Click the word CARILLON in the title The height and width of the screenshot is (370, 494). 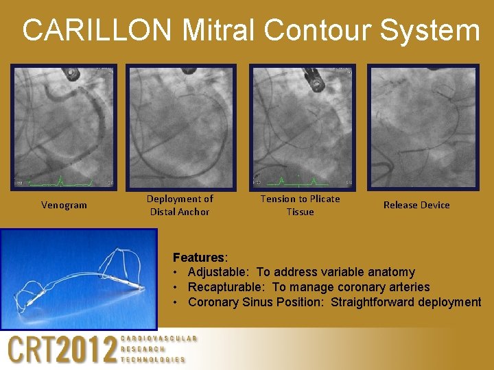[96, 30]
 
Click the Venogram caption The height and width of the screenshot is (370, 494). [64, 205]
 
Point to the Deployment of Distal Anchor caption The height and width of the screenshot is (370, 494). [180, 205]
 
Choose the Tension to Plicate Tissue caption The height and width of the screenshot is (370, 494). [300, 205]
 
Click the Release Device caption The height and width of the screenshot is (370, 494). [416, 205]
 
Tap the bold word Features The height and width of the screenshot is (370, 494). [198, 258]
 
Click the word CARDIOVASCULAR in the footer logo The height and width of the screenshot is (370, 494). [158, 338]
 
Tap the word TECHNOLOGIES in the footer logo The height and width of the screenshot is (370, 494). [153, 359]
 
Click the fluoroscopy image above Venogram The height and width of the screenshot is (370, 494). [64, 127]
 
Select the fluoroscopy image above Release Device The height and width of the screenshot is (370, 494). [423, 127]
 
